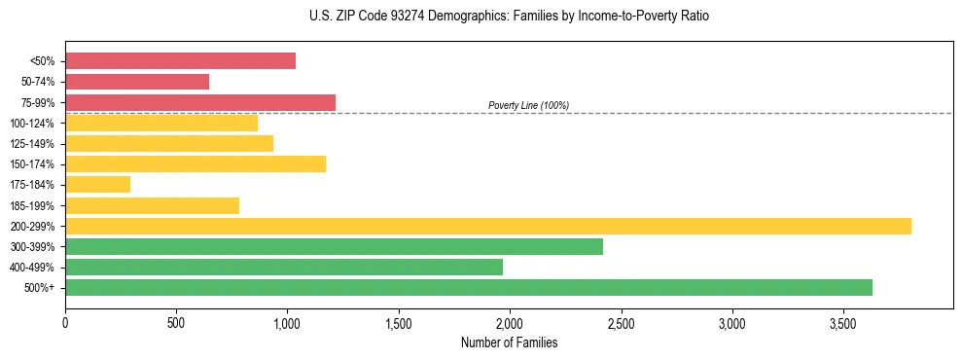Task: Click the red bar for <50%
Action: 180,61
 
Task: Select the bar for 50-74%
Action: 137,82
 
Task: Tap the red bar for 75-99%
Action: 200,102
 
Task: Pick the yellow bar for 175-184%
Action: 97,185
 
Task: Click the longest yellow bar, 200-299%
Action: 488,226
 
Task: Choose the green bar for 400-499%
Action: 284,267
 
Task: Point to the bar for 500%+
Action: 469,287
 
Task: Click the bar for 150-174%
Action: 196,163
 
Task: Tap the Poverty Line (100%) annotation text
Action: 528,105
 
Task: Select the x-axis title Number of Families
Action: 510,342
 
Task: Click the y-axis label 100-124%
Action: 32,124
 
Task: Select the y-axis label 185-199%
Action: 32,206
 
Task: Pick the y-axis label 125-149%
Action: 32,144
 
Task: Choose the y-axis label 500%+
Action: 39,288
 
